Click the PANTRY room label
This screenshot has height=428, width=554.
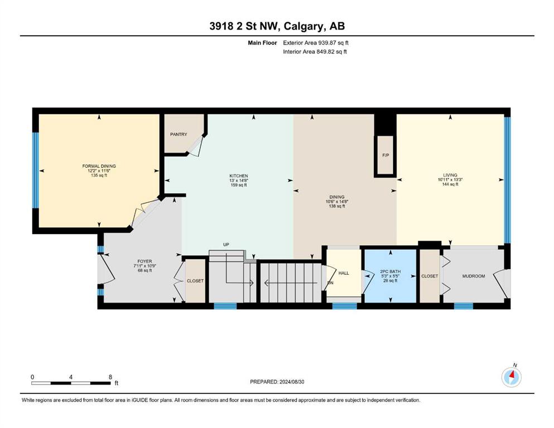(x=179, y=134)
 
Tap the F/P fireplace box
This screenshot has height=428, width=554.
(x=386, y=155)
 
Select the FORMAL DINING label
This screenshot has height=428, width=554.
(x=99, y=166)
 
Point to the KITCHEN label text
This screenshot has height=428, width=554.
(x=239, y=176)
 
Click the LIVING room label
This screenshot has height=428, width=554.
(x=450, y=175)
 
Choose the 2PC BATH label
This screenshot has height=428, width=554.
(x=391, y=272)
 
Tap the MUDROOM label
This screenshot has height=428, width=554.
(x=474, y=276)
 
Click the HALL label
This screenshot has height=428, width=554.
(x=344, y=273)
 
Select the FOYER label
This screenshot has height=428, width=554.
(x=145, y=261)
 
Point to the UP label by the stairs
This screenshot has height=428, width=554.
(x=226, y=245)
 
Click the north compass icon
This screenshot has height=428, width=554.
(x=512, y=377)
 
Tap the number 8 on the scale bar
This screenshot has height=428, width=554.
(x=110, y=377)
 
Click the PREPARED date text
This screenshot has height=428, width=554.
(x=277, y=382)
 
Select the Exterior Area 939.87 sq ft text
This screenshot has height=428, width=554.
(x=316, y=43)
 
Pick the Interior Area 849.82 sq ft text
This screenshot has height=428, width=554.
(x=315, y=51)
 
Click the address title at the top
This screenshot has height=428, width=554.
(x=277, y=26)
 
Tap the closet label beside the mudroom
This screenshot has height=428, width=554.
(x=430, y=276)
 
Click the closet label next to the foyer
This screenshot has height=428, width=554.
(x=195, y=281)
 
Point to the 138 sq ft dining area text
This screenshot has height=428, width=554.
(x=337, y=206)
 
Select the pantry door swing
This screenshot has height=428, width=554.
(x=196, y=145)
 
